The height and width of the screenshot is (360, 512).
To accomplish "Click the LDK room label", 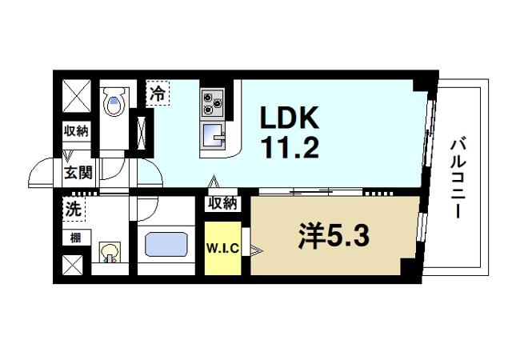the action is [x=290, y=117].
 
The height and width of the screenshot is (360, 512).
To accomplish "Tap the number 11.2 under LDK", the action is [x=290, y=147].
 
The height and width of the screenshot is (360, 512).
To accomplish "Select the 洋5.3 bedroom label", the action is [x=334, y=236].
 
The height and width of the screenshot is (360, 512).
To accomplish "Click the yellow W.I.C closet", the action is [x=223, y=248].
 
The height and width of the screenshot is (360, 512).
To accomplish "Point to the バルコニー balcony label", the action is [x=458, y=178].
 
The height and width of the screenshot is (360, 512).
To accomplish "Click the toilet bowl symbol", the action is [x=114, y=101].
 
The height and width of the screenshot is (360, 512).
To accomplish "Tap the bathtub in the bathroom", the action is [x=166, y=244].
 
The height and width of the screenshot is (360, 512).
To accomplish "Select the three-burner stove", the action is [x=213, y=102].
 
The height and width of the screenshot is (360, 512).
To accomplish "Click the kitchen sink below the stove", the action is [x=213, y=136].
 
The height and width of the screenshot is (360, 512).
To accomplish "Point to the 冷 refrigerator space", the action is [x=158, y=93].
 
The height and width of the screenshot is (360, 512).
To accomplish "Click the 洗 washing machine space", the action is [x=74, y=209].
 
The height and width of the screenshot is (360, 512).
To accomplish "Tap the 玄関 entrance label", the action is [x=78, y=173].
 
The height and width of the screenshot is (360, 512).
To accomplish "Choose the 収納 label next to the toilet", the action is [x=76, y=131].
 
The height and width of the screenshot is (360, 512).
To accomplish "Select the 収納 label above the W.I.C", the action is [x=222, y=204].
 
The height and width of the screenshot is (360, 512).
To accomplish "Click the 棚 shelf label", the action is [x=75, y=238].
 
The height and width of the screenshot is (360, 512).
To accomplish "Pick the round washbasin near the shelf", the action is [x=110, y=252].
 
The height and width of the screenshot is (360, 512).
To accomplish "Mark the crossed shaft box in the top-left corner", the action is [x=77, y=96].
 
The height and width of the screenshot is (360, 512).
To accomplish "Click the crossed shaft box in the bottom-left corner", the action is [x=73, y=265].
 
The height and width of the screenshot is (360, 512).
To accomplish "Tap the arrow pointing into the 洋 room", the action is [x=256, y=251].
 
